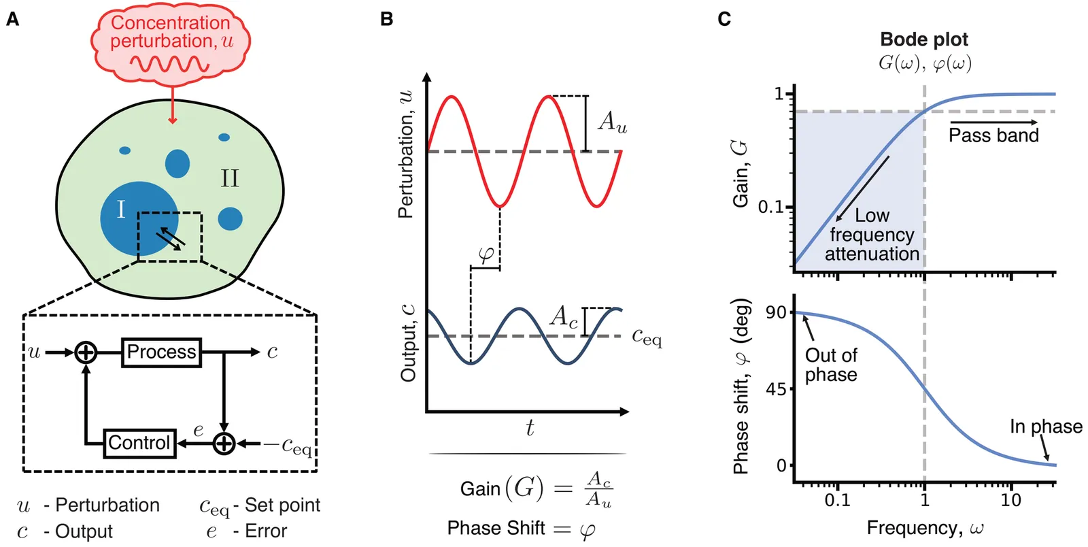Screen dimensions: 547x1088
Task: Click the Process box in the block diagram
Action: click(161, 352)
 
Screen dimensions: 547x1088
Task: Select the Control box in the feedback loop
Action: click(139, 443)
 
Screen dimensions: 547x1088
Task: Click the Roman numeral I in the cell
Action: click(121, 209)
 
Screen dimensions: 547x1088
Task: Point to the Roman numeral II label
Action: click(229, 178)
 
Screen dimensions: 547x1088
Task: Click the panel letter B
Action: click(386, 19)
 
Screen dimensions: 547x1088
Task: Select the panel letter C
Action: click(724, 19)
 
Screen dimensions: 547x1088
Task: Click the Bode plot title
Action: click(923, 39)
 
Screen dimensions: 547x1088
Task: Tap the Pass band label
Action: click(993, 135)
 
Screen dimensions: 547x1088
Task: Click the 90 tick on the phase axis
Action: click(776, 312)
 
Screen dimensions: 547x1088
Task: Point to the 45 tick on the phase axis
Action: click(776, 389)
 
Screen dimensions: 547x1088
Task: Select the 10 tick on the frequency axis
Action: click(1010, 500)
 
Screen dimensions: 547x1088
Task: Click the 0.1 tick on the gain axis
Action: click(771, 207)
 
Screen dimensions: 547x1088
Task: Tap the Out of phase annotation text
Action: click(830, 365)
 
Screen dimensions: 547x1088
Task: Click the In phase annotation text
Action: click(1045, 427)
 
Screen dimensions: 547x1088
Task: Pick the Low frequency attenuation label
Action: click(872, 235)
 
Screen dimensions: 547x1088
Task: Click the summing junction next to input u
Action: click(86, 352)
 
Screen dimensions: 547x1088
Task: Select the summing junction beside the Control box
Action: click(224, 444)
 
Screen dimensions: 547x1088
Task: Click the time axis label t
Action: click(529, 428)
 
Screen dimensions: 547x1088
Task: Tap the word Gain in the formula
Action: click(479, 489)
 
